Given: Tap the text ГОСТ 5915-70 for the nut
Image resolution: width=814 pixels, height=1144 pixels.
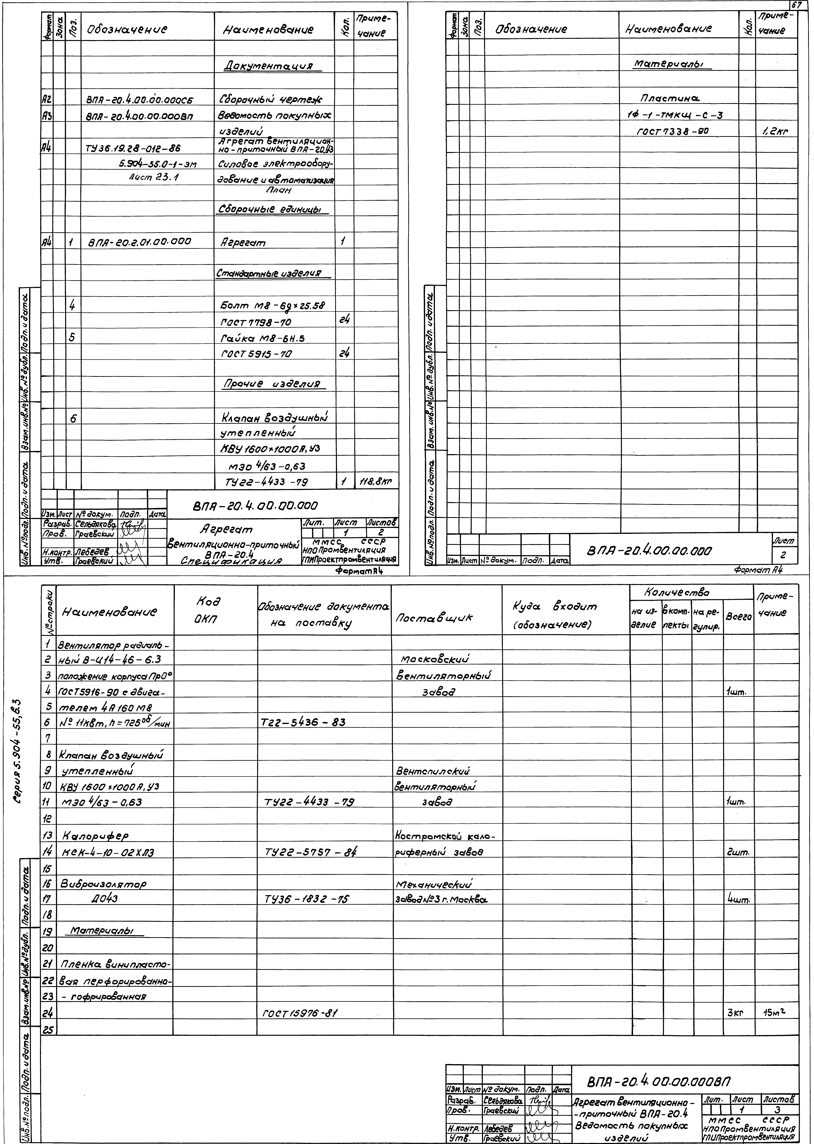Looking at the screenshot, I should [x=256, y=354].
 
